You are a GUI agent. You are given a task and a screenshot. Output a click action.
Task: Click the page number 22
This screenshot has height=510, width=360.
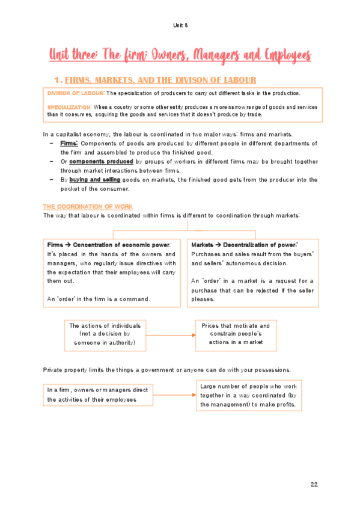tap(314, 484)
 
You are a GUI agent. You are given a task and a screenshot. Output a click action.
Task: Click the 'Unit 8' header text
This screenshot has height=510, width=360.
tap(180, 25)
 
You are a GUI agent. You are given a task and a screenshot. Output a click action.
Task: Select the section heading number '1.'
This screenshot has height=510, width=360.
tap(58, 80)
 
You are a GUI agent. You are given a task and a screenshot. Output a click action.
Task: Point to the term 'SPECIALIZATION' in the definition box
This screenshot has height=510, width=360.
tap(67, 106)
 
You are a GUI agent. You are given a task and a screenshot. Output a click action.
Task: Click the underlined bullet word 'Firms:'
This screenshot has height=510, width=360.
tap(69, 143)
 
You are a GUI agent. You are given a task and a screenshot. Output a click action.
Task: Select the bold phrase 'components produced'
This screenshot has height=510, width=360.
tap(93, 161)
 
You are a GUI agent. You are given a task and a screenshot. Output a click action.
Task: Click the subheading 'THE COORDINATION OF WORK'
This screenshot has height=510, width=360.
tap(88, 206)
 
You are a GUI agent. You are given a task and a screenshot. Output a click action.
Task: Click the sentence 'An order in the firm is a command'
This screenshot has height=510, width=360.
tap(98, 298)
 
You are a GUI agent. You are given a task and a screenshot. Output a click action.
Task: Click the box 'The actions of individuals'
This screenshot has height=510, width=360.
tap(105, 334)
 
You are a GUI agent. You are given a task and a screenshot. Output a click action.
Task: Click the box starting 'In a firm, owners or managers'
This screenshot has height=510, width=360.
tap(100, 395)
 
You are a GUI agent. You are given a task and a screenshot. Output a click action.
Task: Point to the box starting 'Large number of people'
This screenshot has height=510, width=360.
tap(249, 395)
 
